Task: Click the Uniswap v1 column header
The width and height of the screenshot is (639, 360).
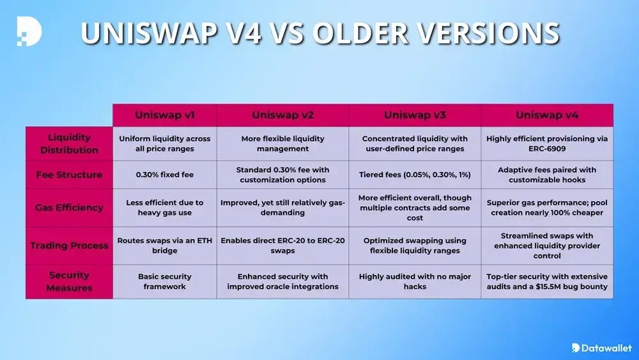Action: click(165, 115)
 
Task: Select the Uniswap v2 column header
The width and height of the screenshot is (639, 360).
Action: click(282, 115)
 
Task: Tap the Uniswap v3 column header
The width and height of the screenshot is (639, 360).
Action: click(415, 115)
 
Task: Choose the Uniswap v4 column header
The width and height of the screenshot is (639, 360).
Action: click(547, 115)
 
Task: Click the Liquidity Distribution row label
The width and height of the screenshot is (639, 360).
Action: click(70, 144)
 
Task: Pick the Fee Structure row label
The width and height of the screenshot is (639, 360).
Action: click(70, 175)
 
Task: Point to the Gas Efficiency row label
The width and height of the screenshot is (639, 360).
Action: click(70, 207)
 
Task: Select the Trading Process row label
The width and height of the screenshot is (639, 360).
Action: click(70, 246)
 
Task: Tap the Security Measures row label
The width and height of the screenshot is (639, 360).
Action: click(70, 281)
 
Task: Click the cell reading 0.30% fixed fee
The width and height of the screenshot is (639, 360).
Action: click(165, 175)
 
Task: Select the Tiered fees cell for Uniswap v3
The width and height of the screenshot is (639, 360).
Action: click(415, 175)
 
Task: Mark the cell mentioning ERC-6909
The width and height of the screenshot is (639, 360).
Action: click(547, 144)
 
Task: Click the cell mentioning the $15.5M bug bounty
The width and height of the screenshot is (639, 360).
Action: click(547, 281)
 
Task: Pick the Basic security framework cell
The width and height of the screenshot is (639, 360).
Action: click(165, 281)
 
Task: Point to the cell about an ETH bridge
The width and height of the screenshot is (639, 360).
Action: click(165, 246)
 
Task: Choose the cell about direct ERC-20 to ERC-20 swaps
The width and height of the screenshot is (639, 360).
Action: click(282, 246)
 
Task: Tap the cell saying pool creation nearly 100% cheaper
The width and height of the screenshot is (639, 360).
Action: click(547, 207)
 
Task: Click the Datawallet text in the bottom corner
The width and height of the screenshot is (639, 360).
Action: click(606, 348)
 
